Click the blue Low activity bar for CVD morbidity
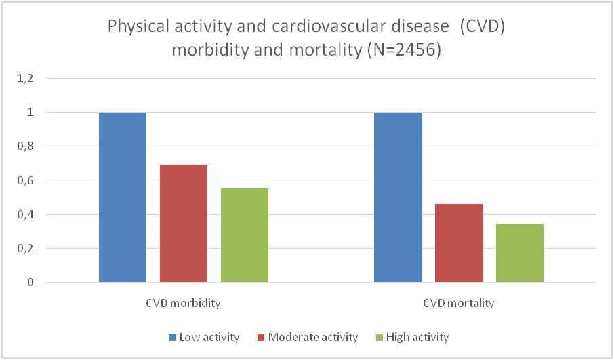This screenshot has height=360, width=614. pyautogui.click(x=123, y=197)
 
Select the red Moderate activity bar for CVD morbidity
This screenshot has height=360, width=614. pyautogui.click(x=184, y=224)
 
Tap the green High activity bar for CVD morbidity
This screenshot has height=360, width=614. pyautogui.click(x=245, y=235)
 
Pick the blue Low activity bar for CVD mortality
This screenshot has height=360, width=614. pyautogui.click(x=398, y=197)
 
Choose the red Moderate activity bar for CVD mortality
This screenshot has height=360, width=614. pyautogui.click(x=459, y=243)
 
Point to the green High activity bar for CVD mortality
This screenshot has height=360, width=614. pyautogui.click(x=520, y=254)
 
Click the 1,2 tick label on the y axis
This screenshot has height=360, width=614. pyautogui.click(x=25, y=79)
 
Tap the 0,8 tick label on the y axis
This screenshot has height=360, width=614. pyautogui.click(x=25, y=146)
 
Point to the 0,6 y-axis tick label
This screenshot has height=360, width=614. pyautogui.click(x=25, y=180)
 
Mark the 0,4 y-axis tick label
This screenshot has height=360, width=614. pyautogui.click(x=25, y=214)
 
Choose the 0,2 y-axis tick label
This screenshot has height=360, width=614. pyautogui.click(x=25, y=248)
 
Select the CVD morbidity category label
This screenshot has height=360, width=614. pyautogui.click(x=184, y=303)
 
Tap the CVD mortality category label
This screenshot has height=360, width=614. pyautogui.click(x=459, y=303)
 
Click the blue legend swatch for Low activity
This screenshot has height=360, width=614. pyautogui.click(x=173, y=337)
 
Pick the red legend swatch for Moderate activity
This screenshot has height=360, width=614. pyautogui.click(x=262, y=337)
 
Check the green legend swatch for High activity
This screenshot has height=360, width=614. pyautogui.click(x=379, y=337)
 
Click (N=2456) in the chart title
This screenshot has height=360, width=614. pyautogui.click(x=405, y=51)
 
